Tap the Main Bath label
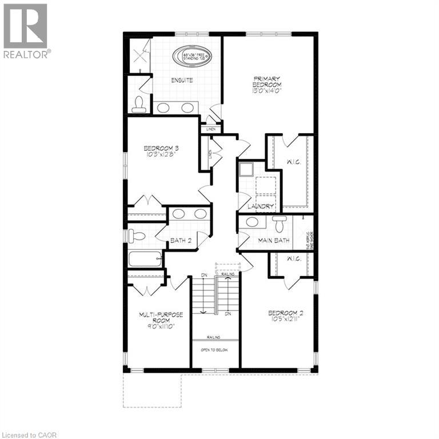pyautogui.click(x=274, y=240)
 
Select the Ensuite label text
pyautogui.click(x=182, y=81)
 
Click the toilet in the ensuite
pyautogui.click(x=138, y=104)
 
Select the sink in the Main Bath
pyautogui.click(x=252, y=222)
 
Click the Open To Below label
pyautogui.click(x=214, y=350)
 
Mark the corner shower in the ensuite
pyautogui.click(x=138, y=55)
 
